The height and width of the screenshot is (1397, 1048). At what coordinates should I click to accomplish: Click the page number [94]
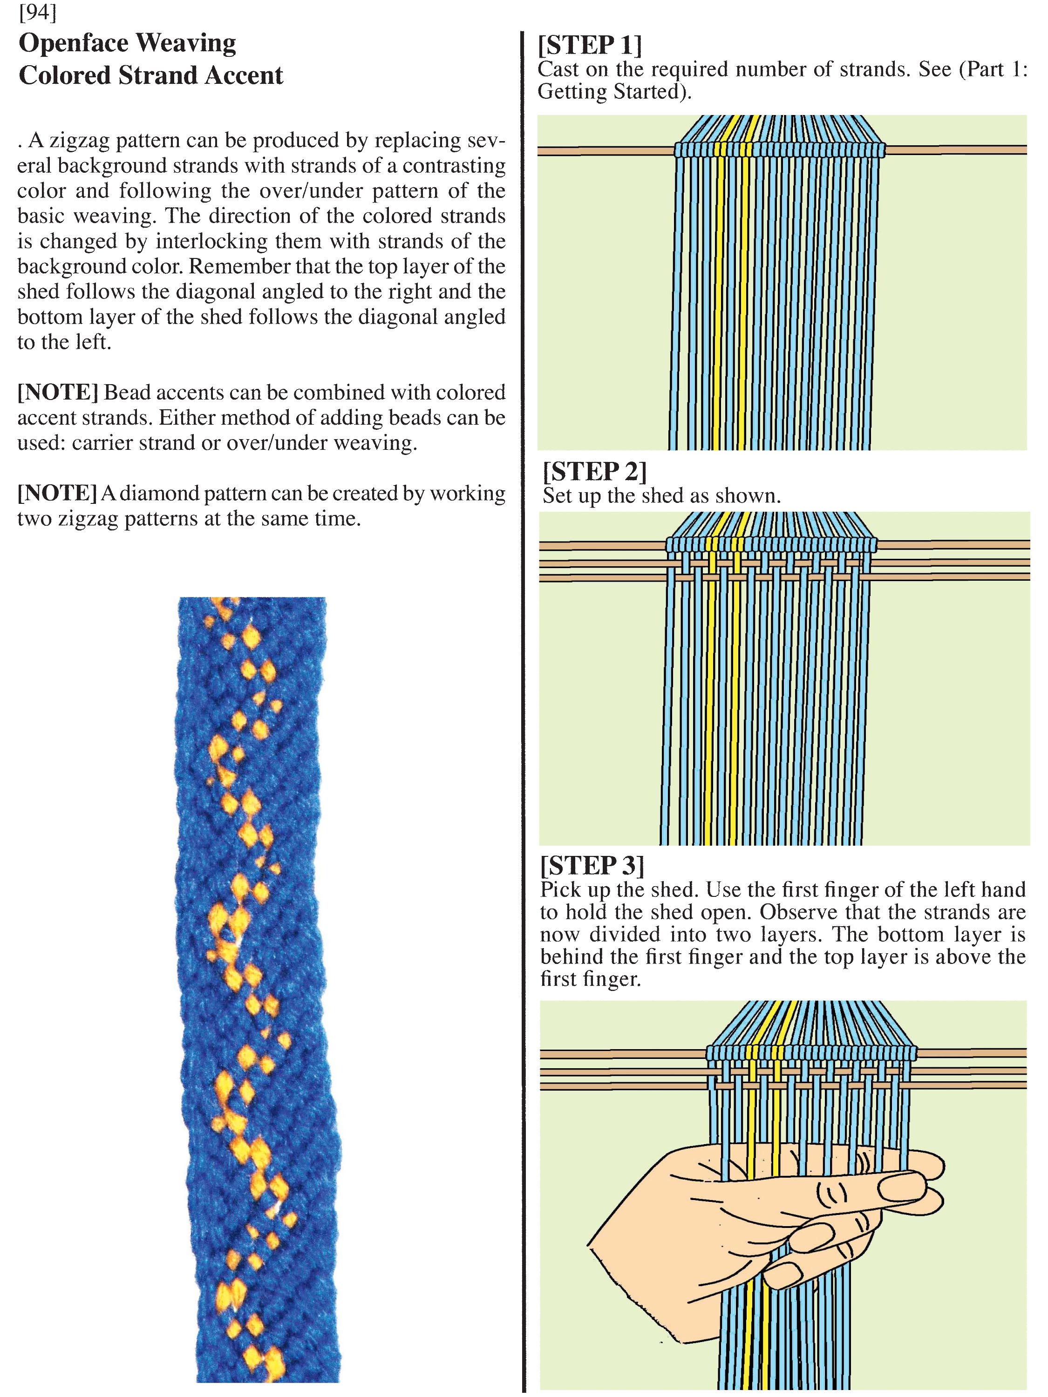tap(38, 12)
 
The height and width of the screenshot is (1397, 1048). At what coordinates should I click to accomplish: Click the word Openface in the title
tap(73, 43)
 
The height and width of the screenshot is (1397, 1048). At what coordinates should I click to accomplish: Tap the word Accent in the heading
tap(243, 75)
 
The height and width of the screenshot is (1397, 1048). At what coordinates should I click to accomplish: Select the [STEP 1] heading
tap(589, 44)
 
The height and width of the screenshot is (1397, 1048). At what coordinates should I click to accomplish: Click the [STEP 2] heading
tap(594, 471)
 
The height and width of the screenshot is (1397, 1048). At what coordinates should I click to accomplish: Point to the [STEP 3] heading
tap(592, 865)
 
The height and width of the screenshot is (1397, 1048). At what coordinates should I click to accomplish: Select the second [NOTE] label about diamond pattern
tap(57, 493)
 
